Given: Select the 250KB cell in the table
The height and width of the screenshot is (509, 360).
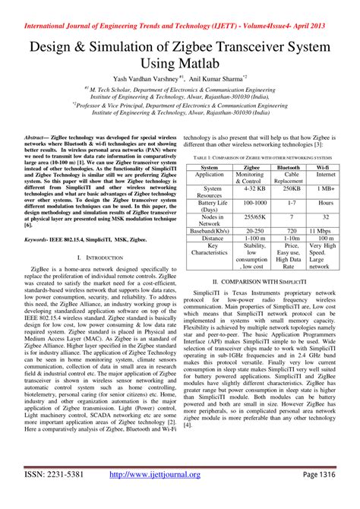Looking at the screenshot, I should [288, 188].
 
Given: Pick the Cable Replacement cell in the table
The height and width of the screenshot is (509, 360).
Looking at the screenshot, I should [288, 177].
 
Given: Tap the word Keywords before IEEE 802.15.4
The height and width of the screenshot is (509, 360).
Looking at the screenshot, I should [38, 239].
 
